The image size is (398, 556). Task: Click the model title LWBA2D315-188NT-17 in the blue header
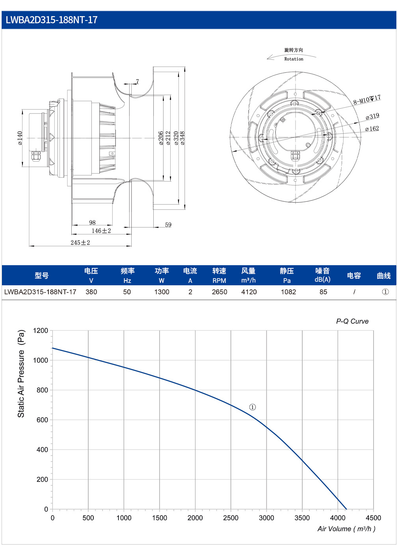51,20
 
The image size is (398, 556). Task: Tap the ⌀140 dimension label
20,138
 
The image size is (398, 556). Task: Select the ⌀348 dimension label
182,138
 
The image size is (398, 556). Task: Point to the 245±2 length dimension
80,242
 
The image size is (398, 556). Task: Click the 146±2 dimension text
101,231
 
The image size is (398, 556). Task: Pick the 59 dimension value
168,225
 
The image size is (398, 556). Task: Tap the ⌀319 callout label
372,116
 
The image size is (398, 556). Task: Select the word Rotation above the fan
294,59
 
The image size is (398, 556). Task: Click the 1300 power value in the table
162,292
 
